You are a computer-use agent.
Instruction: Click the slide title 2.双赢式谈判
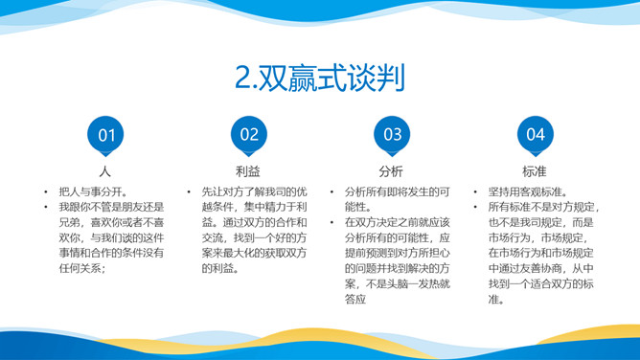click(x=319, y=77)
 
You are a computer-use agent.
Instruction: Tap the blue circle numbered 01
click(x=106, y=135)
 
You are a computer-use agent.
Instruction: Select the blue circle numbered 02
click(x=249, y=135)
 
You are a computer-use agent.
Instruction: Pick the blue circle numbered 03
click(x=392, y=135)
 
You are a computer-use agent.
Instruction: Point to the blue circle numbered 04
click(x=535, y=135)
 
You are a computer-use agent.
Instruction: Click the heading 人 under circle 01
click(x=106, y=171)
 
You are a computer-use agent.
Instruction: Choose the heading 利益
click(x=248, y=171)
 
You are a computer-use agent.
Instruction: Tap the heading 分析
click(x=391, y=171)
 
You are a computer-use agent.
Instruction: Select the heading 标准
click(x=535, y=171)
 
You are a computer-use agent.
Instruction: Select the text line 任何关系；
click(x=81, y=268)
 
